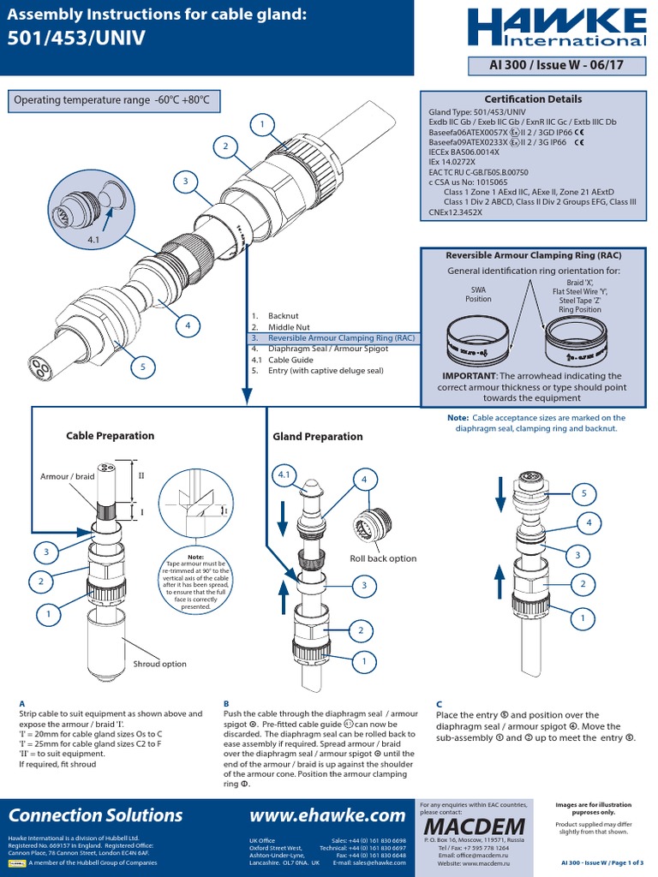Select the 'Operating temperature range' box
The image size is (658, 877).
(111, 100)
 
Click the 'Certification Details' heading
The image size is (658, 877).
(533, 99)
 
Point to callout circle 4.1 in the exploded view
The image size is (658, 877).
(93, 241)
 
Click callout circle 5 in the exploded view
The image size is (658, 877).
(143, 367)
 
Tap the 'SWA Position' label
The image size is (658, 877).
(478, 294)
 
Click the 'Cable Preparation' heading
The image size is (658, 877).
(111, 436)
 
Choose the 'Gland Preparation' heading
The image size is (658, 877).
(318, 437)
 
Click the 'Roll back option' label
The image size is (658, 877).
(382, 558)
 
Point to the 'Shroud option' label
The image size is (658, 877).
(159, 664)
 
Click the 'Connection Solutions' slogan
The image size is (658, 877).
(95, 814)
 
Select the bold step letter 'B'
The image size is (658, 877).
(226, 703)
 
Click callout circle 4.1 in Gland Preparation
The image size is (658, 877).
(284, 474)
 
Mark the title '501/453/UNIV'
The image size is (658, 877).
(76, 39)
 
